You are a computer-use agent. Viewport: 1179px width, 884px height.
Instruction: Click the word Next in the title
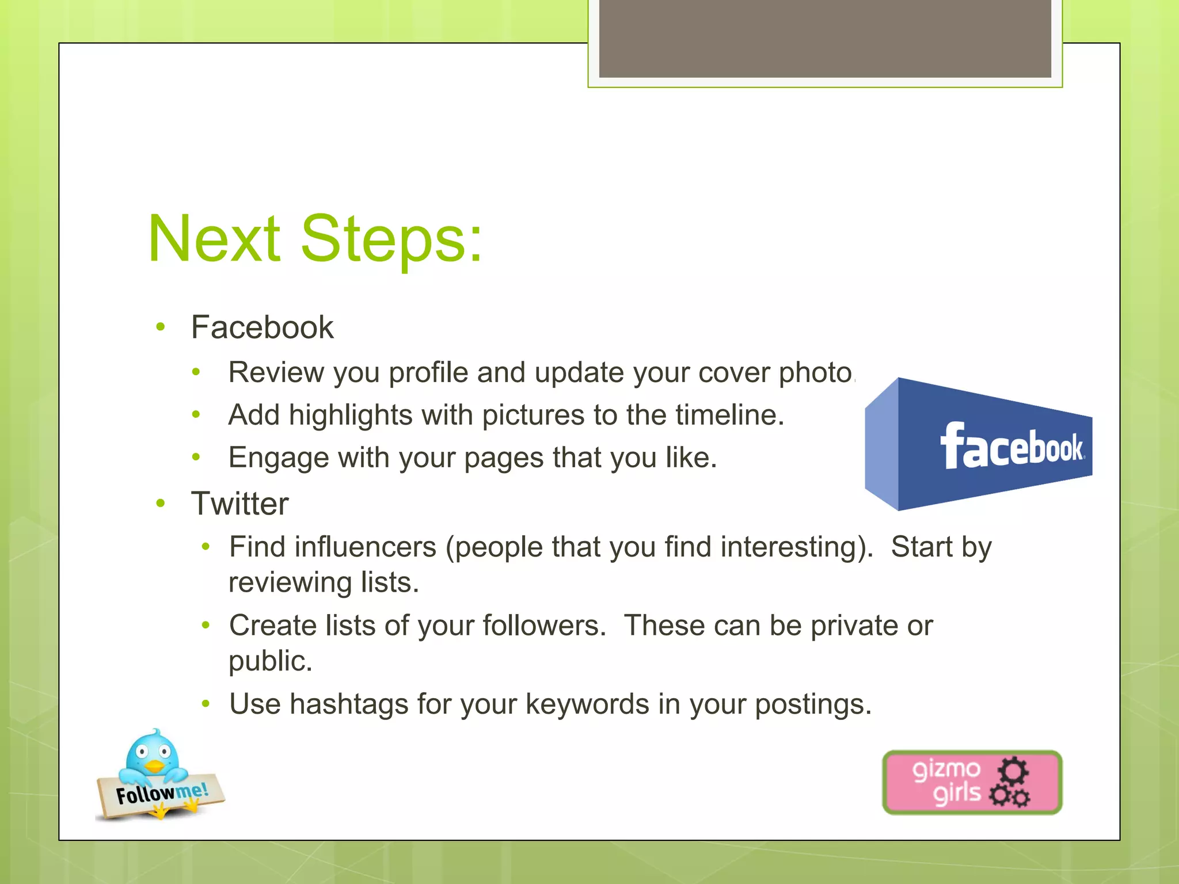click(x=214, y=239)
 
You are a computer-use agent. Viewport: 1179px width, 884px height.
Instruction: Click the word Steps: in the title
click(x=391, y=239)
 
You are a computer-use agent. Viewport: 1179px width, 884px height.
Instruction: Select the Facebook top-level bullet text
click(x=262, y=327)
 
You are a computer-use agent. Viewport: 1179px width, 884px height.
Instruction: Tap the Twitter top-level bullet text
click(x=239, y=504)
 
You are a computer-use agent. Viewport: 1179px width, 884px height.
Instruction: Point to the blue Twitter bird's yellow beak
click(x=154, y=766)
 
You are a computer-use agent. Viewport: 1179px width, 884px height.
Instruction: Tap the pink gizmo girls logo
click(x=972, y=782)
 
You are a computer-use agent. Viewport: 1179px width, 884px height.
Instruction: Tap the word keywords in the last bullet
click(x=587, y=704)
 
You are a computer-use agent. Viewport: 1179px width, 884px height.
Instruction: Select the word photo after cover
click(x=815, y=373)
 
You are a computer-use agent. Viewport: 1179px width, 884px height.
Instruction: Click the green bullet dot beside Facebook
click(x=161, y=327)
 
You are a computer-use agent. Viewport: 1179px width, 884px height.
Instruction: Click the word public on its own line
click(x=269, y=661)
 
